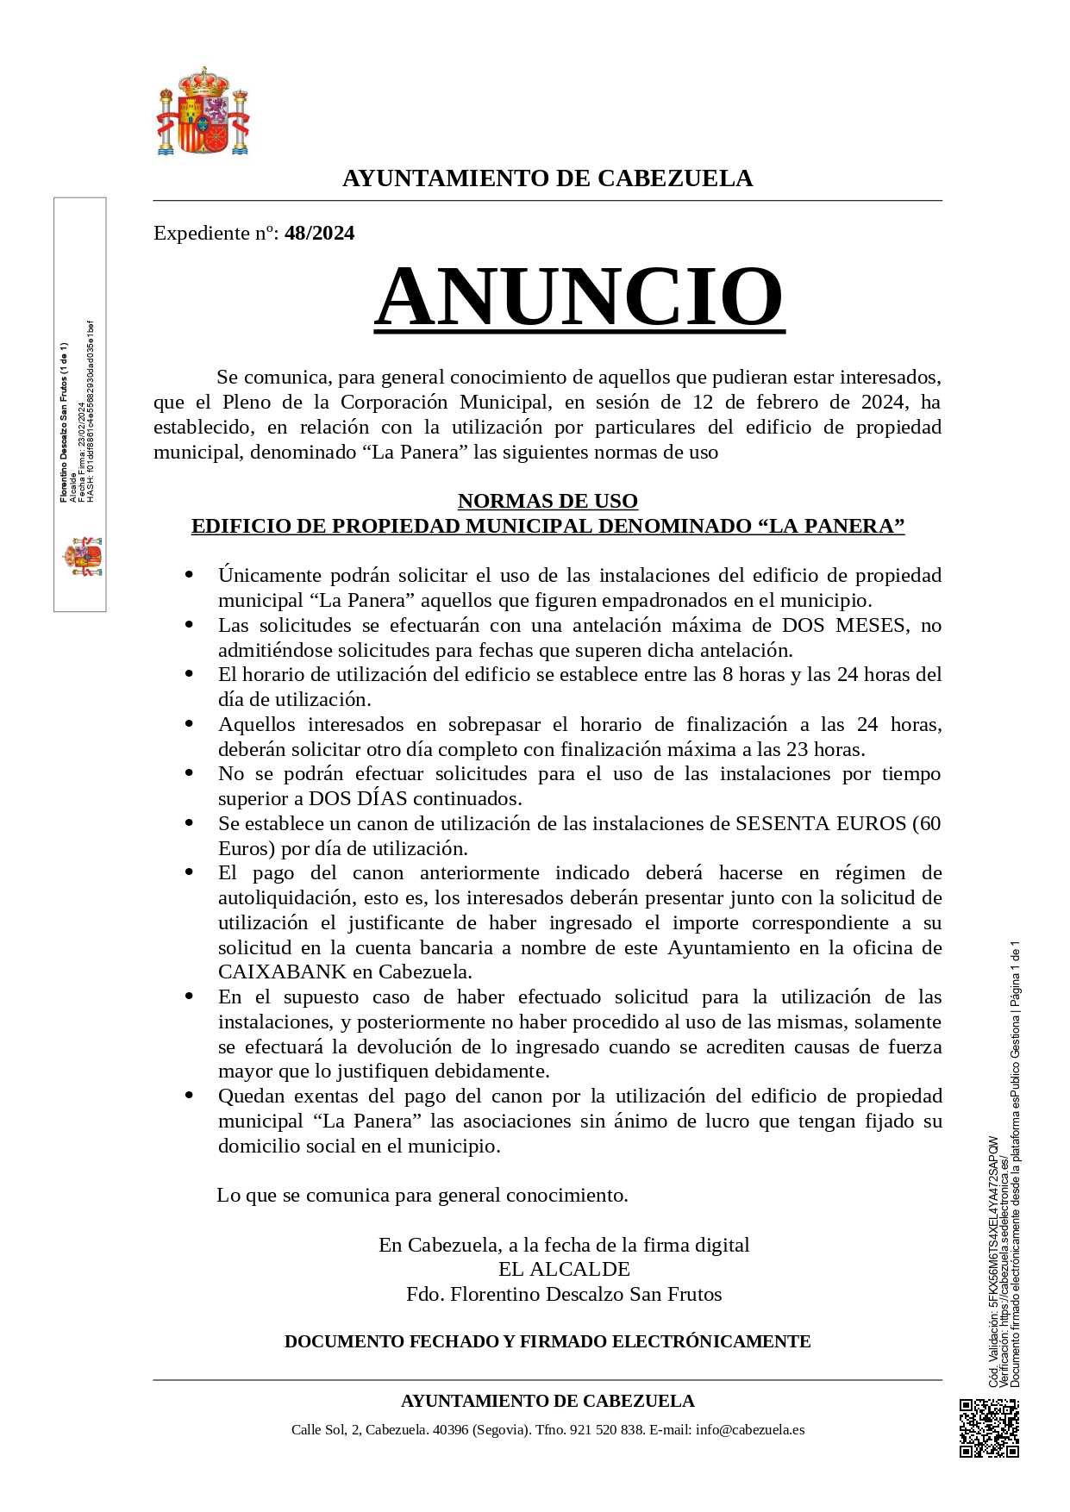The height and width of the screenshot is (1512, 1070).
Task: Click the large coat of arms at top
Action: pos(203,112)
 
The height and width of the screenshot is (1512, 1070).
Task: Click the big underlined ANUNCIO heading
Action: pos(579,296)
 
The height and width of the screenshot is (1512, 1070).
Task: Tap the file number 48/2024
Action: pos(319,234)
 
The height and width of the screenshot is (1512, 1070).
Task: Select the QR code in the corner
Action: pos(989,1428)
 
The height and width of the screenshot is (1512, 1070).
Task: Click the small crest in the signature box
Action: pos(83,557)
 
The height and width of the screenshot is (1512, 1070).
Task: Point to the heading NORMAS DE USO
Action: pos(548,501)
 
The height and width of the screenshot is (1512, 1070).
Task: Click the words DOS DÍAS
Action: pos(358,798)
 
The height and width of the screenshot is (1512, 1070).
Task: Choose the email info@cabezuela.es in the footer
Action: pos(750,1429)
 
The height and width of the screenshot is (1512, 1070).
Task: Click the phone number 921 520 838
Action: pos(607,1429)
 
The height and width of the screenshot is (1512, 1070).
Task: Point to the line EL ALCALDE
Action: pos(564,1269)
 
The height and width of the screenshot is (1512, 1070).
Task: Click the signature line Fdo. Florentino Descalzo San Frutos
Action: pos(564,1294)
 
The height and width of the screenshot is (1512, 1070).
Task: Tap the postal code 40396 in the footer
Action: pos(451,1429)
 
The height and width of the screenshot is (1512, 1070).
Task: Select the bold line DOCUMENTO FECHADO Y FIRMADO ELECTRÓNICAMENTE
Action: pos(548,1341)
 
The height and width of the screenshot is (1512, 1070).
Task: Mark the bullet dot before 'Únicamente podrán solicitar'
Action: pos(189,575)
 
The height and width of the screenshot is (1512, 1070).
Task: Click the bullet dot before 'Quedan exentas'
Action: pos(189,1096)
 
